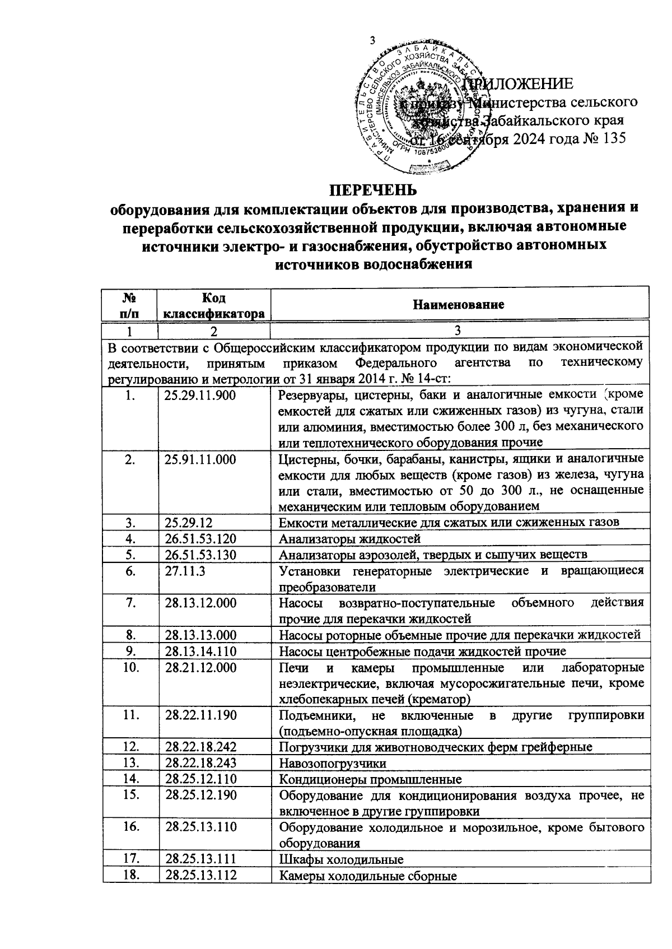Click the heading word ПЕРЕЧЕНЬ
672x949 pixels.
click(372, 190)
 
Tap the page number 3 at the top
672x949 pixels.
click(374, 40)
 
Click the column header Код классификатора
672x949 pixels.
click(213, 305)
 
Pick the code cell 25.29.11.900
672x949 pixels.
click(200, 396)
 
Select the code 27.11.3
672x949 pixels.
click(185, 571)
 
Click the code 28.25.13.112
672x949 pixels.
click(200, 876)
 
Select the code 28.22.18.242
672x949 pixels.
click(200, 747)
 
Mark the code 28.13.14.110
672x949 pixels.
click(200, 651)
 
